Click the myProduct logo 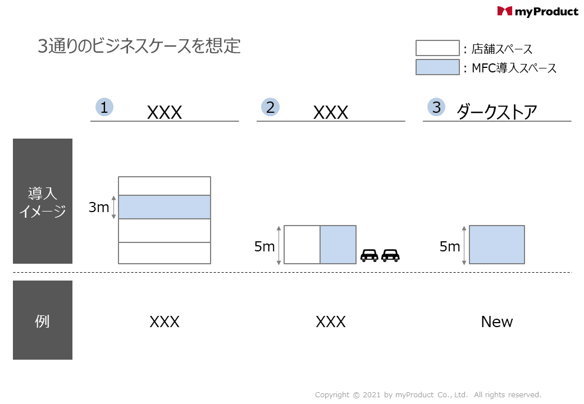pyautogui.click(x=537, y=11)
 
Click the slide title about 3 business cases pyautogui.click(x=139, y=46)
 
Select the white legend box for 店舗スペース pyautogui.click(x=437, y=48)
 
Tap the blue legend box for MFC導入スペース pyautogui.click(x=437, y=67)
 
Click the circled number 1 pyautogui.click(x=104, y=107)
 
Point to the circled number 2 pyautogui.click(x=271, y=107)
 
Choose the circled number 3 pyautogui.click(x=436, y=107)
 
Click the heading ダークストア pyautogui.click(x=496, y=112)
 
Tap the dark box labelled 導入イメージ pyautogui.click(x=43, y=201)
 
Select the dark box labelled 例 pyautogui.click(x=43, y=320)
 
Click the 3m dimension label pyautogui.click(x=99, y=208)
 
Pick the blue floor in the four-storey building pyautogui.click(x=165, y=207)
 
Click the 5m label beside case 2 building pyautogui.click(x=264, y=246)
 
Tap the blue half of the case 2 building pyautogui.click(x=338, y=245)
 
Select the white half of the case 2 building pyautogui.click(x=302, y=245)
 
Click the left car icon pyautogui.click(x=369, y=255)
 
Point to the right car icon pyautogui.click(x=390, y=255)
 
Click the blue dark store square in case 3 pyautogui.click(x=497, y=245)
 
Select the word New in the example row pyautogui.click(x=497, y=322)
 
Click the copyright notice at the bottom pyautogui.click(x=428, y=395)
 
